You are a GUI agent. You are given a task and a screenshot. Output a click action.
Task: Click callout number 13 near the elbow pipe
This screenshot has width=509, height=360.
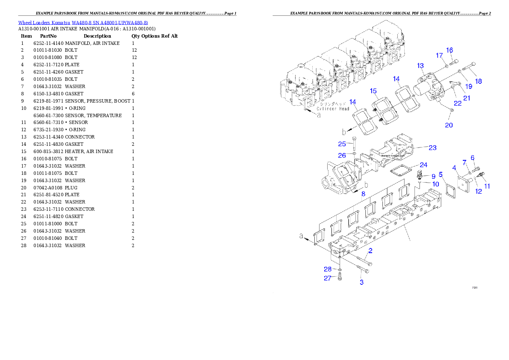[420, 66]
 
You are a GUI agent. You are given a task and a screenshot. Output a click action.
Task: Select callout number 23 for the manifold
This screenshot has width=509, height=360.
[432, 148]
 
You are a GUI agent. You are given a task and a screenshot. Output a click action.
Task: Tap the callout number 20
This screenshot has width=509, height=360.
[449, 125]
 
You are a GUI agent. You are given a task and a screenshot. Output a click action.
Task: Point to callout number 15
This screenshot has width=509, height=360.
[373, 91]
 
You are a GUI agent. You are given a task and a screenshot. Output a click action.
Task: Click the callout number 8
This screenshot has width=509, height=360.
[363, 194]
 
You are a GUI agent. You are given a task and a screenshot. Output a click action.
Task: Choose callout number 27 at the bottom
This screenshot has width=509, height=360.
[327, 278]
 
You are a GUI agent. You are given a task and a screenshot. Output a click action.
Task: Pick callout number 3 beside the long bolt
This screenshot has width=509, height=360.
[361, 283]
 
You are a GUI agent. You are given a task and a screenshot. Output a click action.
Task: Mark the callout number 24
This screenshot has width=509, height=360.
[423, 165]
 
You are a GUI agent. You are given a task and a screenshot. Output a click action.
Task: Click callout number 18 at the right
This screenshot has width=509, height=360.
[478, 81]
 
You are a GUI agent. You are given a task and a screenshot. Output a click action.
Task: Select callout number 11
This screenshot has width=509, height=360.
[487, 186]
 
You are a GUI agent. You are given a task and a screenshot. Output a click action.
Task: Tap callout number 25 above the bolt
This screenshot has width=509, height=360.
[342, 144]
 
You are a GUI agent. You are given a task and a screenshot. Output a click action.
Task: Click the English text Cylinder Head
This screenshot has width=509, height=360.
[333, 109]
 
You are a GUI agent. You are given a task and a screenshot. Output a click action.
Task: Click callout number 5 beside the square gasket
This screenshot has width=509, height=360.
[441, 174]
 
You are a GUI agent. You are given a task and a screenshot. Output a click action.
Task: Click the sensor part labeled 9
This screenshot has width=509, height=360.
[421, 175]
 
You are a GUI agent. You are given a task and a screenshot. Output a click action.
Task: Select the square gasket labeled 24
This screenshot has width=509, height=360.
[401, 171]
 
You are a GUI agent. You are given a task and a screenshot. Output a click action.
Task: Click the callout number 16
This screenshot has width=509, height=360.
[450, 50]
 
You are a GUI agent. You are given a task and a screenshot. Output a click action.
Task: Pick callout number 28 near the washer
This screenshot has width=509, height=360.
[327, 269]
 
